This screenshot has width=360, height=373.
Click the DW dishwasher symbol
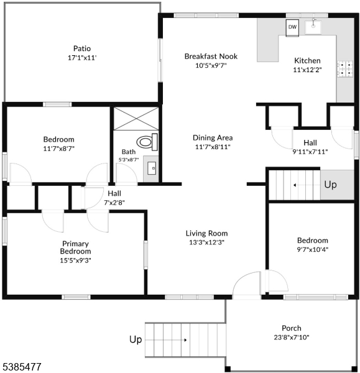click(x=292, y=28)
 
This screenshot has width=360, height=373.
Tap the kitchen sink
click(x=313, y=27)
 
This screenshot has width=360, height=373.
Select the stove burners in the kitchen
click(x=345, y=69)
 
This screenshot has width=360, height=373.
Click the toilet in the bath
click(x=147, y=142)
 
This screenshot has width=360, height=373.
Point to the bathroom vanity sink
click(x=152, y=168)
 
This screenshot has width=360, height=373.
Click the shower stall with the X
click(x=136, y=119)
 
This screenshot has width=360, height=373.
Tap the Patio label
click(x=82, y=48)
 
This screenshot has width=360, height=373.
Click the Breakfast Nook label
click(x=211, y=57)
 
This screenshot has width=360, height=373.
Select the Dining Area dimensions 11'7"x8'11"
click(x=213, y=147)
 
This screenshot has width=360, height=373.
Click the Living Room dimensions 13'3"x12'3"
click(x=207, y=242)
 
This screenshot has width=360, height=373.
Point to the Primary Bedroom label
click(x=75, y=247)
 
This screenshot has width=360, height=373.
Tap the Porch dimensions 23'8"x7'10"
click(x=292, y=337)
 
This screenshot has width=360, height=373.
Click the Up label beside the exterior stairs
click(x=136, y=339)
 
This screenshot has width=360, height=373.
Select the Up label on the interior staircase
click(x=331, y=185)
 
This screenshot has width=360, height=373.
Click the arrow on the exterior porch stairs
click(x=166, y=340)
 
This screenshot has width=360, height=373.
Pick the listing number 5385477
click(x=22, y=367)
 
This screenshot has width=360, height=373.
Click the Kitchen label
click(x=307, y=61)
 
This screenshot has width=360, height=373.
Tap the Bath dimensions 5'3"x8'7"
click(x=129, y=160)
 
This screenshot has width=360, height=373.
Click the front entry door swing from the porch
click(x=246, y=285)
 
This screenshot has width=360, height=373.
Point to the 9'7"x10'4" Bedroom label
click(x=313, y=241)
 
